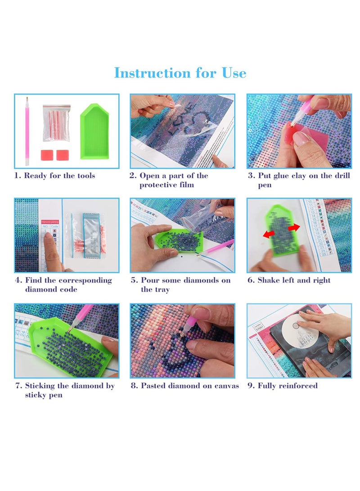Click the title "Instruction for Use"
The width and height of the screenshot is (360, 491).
click(180, 73)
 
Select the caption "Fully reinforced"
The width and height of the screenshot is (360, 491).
click(288, 386)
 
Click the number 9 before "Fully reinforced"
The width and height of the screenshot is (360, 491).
click(250, 386)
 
